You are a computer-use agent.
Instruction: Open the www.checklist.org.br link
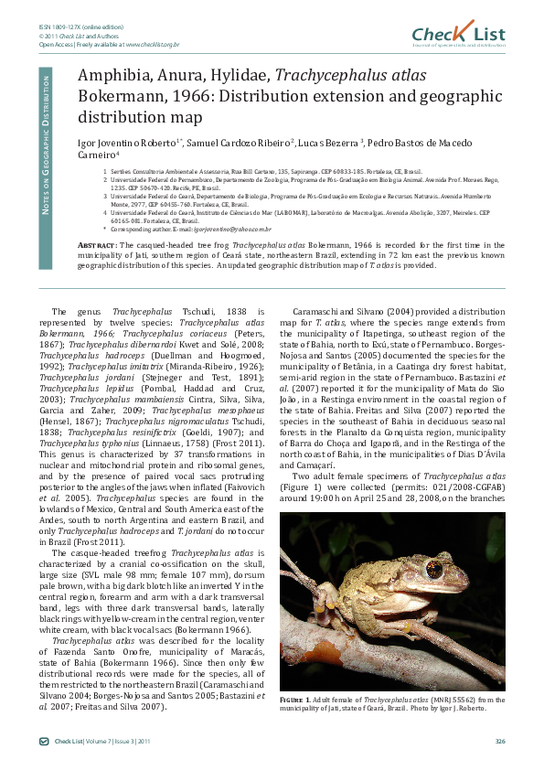pyautogui.click(x=152, y=44)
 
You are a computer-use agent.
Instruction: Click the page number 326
pyautogui.click(x=499, y=741)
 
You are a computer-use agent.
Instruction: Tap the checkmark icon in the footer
pyautogui.click(x=44, y=741)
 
